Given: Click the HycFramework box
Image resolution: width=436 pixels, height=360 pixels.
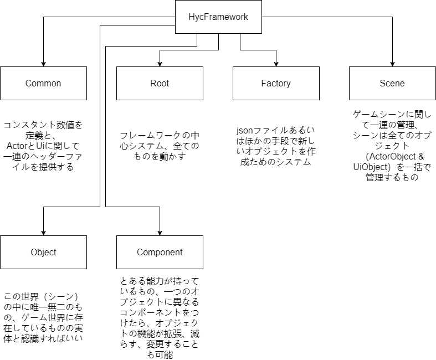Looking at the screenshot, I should click(218, 17).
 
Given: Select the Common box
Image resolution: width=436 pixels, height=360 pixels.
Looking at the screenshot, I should click(43, 83).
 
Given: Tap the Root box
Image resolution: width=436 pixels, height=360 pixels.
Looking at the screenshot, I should click(160, 83).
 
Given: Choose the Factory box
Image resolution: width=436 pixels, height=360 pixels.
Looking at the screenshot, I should click(276, 83).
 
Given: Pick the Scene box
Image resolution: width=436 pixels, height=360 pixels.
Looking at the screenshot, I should click(392, 83).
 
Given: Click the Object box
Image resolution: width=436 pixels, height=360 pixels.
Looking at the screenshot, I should click(43, 252).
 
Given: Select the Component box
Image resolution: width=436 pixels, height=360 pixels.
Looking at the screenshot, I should click(160, 252).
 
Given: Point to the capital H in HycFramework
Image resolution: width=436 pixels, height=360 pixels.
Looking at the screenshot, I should click(192, 17).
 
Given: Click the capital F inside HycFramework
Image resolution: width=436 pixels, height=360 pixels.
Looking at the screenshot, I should click(207, 17).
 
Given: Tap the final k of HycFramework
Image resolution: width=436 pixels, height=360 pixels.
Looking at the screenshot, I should click(246, 17).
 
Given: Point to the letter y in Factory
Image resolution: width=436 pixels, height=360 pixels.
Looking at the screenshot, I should click(288, 84).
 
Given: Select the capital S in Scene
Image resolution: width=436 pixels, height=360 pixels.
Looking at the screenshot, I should click(382, 83).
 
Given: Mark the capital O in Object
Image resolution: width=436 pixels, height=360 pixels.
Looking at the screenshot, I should click(34, 252).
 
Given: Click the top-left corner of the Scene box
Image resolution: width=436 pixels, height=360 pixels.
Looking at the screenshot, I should click(350, 67).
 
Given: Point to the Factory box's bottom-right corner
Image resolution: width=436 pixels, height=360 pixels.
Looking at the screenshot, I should click(319, 100).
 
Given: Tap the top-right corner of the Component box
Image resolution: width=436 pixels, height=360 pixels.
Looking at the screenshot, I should click(203, 236).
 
